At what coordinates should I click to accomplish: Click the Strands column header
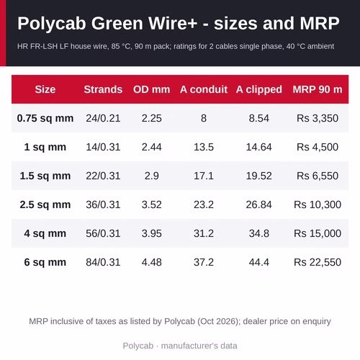[103, 89]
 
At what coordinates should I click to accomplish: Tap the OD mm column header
[152, 89]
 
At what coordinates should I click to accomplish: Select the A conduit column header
[204, 89]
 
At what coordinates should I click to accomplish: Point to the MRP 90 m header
[318, 89]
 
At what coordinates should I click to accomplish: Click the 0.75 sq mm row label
[45, 118]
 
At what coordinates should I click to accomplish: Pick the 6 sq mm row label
[45, 262]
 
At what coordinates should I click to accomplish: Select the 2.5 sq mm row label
[45, 204]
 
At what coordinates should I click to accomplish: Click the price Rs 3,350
[318, 118]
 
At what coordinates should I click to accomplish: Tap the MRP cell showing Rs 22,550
[318, 262]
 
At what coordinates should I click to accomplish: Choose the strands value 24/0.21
[103, 118]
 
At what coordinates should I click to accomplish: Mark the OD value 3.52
[152, 204]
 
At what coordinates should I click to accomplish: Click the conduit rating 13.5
[204, 147]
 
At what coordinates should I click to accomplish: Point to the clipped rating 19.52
[258, 176]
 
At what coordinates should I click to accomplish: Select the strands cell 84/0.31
[103, 262]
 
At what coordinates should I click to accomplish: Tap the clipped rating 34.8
[258, 233]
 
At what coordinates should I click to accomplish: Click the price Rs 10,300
[318, 204]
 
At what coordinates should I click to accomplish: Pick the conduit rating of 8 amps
[204, 118]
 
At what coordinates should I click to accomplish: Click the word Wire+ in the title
[173, 23]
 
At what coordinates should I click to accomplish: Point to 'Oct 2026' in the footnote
[218, 321]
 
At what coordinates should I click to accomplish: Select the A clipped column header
[258, 89]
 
